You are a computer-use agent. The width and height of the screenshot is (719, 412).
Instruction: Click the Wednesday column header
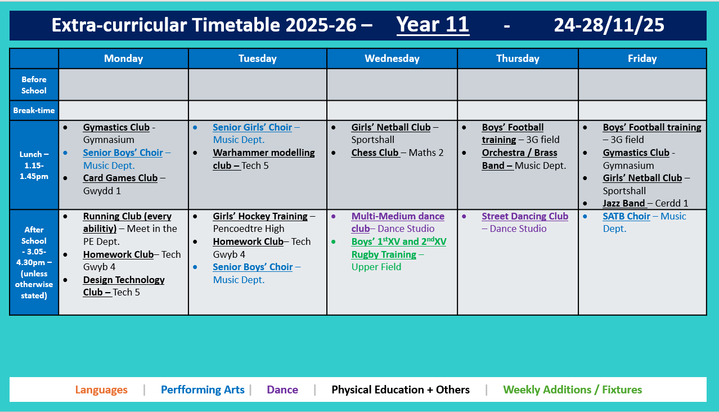click(x=392, y=59)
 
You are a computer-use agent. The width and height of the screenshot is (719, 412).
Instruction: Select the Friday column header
click(x=642, y=59)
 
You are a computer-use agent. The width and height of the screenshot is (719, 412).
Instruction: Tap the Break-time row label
click(x=34, y=110)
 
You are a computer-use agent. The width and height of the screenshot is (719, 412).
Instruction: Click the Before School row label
click(x=34, y=85)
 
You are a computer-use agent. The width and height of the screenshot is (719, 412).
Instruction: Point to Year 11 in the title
click(x=433, y=25)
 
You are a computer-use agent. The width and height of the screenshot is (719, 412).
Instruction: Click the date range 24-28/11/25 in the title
click(x=609, y=25)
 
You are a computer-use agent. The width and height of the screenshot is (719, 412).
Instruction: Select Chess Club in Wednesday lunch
click(x=375, y=153)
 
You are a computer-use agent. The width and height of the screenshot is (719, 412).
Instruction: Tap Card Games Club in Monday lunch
click(x=120, y=178)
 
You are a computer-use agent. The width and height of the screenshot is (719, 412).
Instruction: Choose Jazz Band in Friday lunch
click(x=624, y=203)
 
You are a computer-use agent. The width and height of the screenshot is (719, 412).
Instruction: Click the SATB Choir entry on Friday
click(x=626, y=216)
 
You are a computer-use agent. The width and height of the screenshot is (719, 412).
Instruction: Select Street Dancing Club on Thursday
click(x=524, y=216)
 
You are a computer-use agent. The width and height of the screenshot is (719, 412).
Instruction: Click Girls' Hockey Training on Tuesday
click(x=260, y=216)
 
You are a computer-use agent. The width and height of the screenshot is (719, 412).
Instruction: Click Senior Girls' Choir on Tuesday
click(x=252, y=127)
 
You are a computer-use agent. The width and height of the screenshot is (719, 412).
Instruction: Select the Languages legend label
click(x=101, y=389)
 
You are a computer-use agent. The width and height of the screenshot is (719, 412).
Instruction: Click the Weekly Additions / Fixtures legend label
click(x=572, y=389)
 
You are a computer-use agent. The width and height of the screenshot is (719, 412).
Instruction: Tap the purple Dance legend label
click(x=282, y=389)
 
